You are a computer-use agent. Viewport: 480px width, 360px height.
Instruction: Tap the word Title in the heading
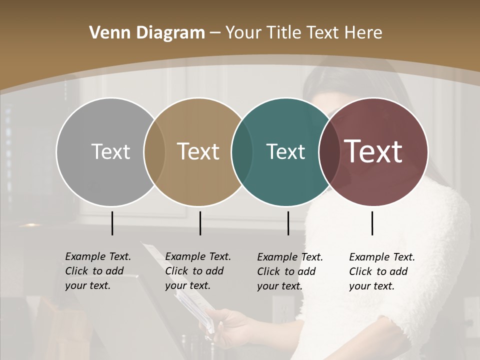click(x=283, y=33)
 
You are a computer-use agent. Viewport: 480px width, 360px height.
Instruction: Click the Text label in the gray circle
click(x=110, y=151)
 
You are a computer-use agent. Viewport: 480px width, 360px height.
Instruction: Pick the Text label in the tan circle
click(x=198, y=151)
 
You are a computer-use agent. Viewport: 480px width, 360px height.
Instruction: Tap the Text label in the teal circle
click(x=285, y=151)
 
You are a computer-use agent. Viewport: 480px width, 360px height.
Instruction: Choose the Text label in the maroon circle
click(x=373, y=151)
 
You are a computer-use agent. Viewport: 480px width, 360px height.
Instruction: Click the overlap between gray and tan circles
click(x=154, y=152)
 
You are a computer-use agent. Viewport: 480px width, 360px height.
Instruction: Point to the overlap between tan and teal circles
click(x=242, y=152)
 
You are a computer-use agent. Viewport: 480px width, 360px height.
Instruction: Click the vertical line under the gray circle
click(x=112, y=223)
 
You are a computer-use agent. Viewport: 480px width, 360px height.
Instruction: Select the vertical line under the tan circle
click(x=200, y=223)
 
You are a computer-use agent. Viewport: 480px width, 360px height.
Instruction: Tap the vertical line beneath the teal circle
click(x=288, y=223)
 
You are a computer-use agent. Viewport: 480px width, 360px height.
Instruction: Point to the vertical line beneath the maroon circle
click(x=372, y=223)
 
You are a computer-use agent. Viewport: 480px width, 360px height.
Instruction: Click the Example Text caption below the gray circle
click(x=98, y=271)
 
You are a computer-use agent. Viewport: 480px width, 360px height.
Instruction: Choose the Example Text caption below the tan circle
click(x=198, y=271)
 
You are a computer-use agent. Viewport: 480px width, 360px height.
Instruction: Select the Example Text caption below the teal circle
click(x=290, y=271)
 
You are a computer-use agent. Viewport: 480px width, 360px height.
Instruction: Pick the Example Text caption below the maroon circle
click(x=382, y=271)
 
